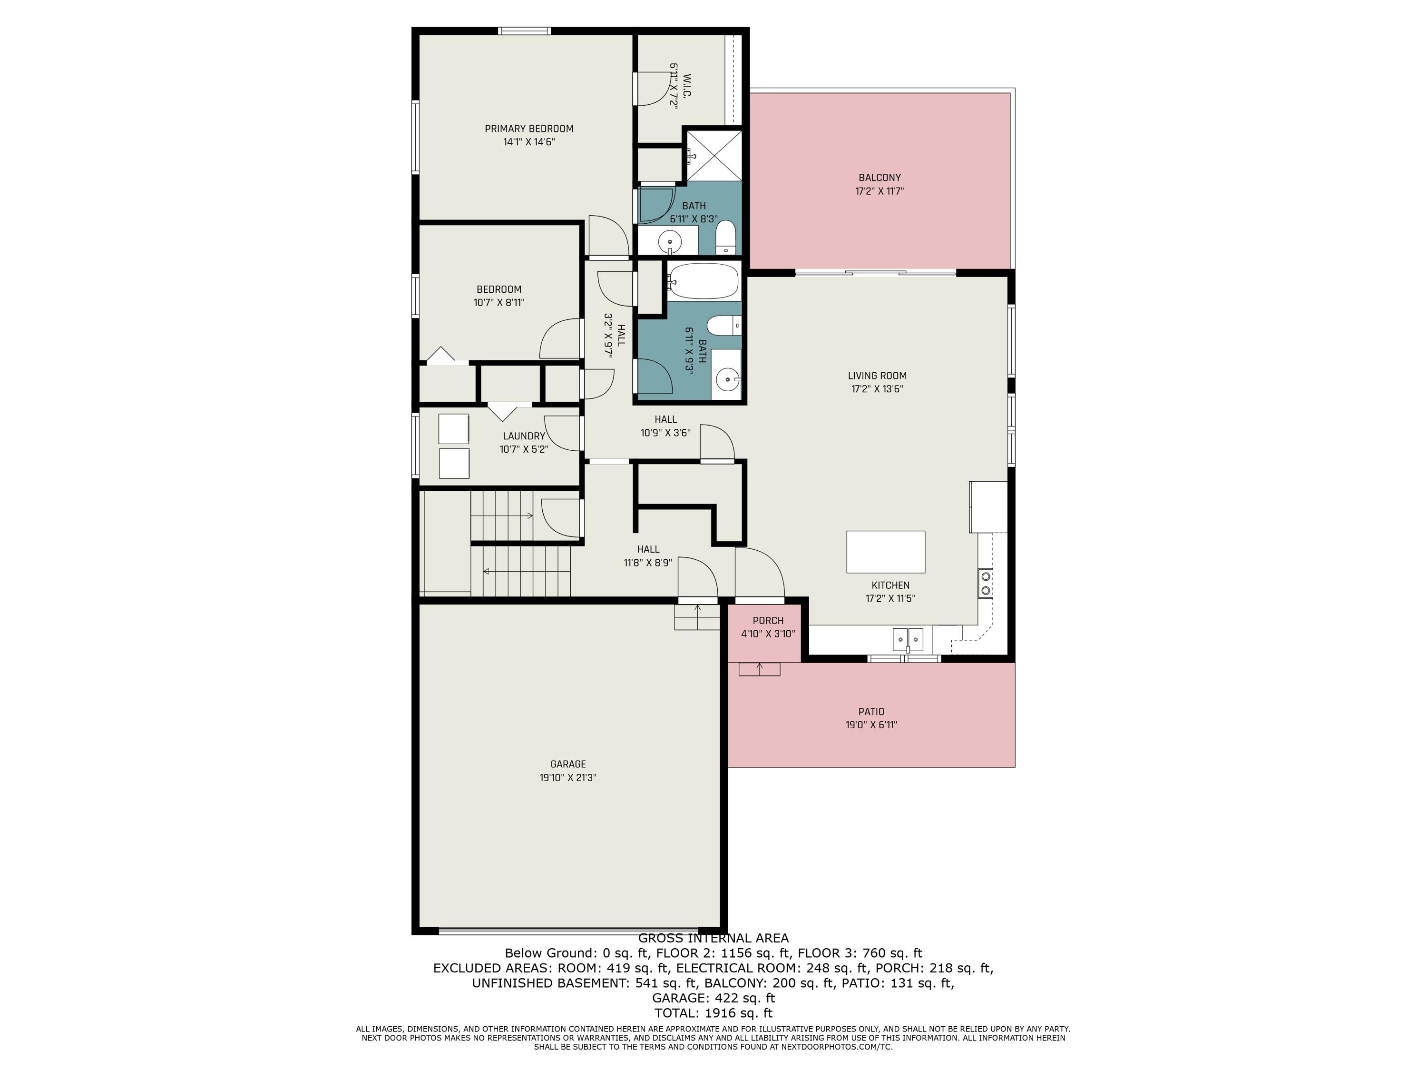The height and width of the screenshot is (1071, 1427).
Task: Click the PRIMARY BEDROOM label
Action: click(x=529, y=129)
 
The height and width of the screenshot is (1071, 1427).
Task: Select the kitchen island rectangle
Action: click(x=886, y=552)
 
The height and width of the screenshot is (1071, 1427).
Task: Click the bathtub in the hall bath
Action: click(x=703, y=281)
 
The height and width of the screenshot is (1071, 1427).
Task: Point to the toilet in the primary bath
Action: click(x=726, y=237)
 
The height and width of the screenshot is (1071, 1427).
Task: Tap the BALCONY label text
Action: click(x=880, y=178)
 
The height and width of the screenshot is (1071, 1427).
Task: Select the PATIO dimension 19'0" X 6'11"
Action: click(x=871, y=724)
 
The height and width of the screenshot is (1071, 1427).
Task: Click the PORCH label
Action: click(x=768, y=620)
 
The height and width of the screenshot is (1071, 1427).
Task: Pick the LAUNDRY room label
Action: click(x=524, y=436)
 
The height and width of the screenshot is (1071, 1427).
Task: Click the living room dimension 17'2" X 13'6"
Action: click(x=877, y=388)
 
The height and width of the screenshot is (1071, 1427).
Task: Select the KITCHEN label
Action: click(x=890, y=585)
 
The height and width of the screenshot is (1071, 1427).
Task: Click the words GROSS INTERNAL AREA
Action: click(x=713, y=938)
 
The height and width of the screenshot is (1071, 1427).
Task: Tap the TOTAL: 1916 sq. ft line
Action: click(x=713, y=1013)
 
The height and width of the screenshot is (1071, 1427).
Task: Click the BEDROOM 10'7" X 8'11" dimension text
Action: click(x=498, y=302)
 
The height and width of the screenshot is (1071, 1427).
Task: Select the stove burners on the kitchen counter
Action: click(x=985, y=583)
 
